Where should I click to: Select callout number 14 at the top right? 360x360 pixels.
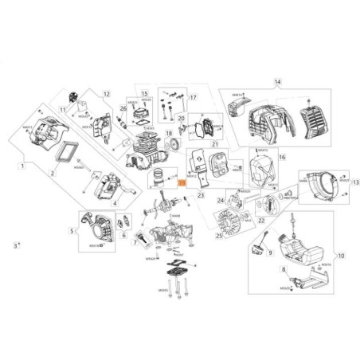click(x=278, y=81)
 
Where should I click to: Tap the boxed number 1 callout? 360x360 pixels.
click(x=23, y=166)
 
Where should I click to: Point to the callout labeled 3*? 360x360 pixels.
click(x=18, y=245)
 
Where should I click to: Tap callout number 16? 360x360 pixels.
click(x=281, y=158)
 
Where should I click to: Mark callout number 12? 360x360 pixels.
click(x=105, y=94)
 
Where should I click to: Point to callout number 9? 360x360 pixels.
click(x=269, y=253)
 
